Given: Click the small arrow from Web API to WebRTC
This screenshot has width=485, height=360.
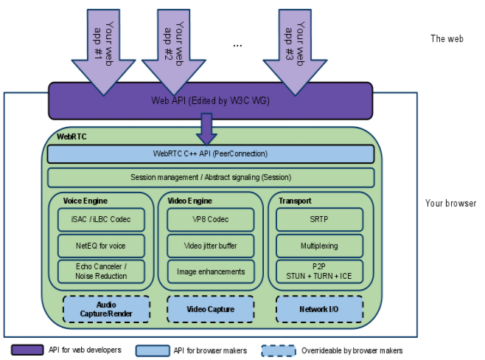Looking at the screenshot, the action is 206,129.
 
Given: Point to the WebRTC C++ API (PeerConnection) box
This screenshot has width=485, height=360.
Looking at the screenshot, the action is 211,154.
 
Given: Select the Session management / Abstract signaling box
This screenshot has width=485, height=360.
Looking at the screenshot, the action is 211,177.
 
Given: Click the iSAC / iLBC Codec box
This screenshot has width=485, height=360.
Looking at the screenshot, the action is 101,219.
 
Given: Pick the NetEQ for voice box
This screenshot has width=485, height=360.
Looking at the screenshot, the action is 101,246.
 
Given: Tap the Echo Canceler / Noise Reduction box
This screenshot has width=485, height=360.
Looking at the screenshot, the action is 101,271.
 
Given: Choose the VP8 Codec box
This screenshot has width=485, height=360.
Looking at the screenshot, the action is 211,219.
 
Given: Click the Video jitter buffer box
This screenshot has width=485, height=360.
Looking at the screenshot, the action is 211,246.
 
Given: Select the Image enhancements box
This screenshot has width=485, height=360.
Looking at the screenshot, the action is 211,271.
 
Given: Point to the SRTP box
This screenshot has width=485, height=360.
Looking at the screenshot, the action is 319,219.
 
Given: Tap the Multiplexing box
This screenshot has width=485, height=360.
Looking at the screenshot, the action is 319,246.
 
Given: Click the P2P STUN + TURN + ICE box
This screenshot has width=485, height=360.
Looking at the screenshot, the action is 319,271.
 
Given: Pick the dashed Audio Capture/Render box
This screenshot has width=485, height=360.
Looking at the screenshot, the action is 106,309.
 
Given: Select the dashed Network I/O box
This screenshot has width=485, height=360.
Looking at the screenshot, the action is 319,309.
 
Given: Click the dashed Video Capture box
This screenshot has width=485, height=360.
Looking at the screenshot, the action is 211,309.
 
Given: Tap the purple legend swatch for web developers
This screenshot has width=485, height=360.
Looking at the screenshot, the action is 27,350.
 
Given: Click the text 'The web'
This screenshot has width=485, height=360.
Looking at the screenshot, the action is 447,38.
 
